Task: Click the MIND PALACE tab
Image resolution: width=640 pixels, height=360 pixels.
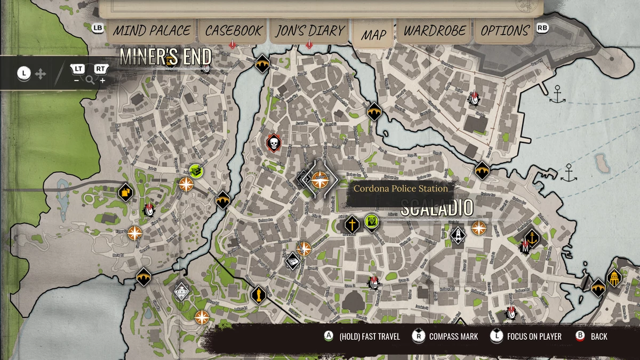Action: (151, 31)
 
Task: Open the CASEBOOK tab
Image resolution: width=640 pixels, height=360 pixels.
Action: (233, 31)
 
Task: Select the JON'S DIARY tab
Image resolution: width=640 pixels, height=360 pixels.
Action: (310, 31)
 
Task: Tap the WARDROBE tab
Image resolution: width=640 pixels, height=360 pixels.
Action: (435, 31)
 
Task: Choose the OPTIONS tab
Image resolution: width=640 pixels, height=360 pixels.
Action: (505, 31)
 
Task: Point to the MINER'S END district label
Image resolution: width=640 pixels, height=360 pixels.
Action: (165, 57)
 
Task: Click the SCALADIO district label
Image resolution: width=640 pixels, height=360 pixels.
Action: (436, 209)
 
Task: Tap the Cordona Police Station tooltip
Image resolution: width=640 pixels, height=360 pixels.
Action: (401, 188)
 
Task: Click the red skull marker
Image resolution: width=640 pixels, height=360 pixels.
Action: (274, 143)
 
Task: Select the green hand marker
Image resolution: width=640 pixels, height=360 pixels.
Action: (371, 221)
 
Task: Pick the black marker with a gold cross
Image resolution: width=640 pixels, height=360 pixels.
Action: (351, 224)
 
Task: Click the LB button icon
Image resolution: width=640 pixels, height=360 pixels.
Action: (98, 28)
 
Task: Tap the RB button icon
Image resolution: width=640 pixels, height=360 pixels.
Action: (542, 28)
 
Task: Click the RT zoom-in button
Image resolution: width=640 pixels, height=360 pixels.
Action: (100, 69)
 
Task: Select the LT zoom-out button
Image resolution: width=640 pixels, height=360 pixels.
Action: (78, 69)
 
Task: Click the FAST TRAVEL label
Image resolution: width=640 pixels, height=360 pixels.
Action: (370, 337)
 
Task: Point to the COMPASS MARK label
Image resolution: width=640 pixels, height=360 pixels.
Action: (453, 337)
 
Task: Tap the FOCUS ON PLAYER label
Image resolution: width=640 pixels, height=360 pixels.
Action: (534, 337)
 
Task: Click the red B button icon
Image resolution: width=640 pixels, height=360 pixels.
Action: (580, 336)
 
